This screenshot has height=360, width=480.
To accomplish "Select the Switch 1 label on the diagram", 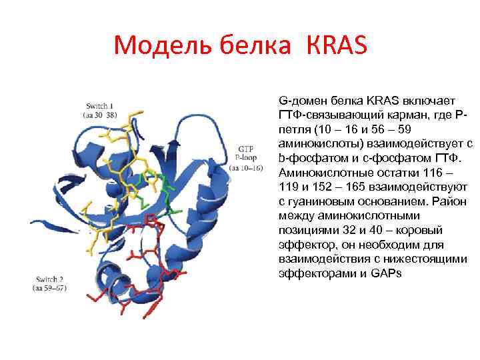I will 99,106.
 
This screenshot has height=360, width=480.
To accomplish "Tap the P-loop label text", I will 246,158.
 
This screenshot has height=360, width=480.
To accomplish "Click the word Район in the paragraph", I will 446,201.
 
